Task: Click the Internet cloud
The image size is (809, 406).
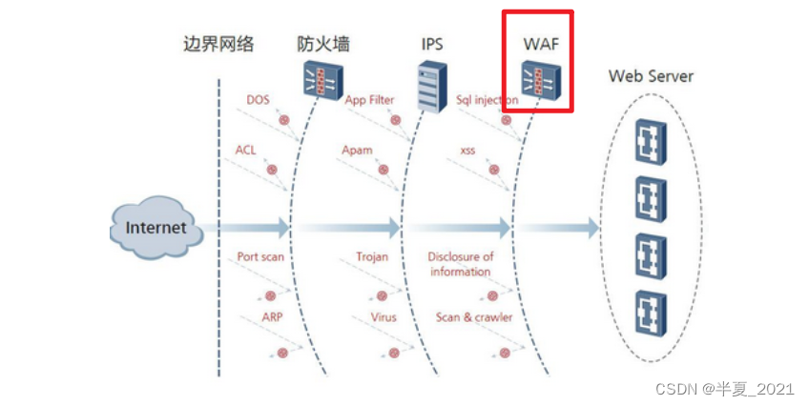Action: click(x=156, y=229)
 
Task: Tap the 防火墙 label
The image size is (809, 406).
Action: click(x=322, y=44)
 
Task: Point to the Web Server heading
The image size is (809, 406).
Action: click(x=651, y=75)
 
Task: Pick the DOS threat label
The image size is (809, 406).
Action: click(x=258, y=99)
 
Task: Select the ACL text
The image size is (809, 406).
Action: click(x=245, y=150)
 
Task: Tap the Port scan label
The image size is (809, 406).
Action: click(x=260, y=257)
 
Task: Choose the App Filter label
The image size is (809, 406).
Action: click(x=369, y=99)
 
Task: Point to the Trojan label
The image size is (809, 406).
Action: click(x=372, y=257)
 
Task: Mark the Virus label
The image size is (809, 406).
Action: click(x=383, y=316)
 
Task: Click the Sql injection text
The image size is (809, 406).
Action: click(x=487, y=99)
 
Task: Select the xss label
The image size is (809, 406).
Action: click(x=467, y=151)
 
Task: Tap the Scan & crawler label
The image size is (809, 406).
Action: click(x=474, y=316)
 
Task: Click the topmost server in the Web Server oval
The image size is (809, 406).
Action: click(x=652, y=142)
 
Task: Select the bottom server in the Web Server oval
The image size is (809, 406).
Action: click(x=652, y=311)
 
